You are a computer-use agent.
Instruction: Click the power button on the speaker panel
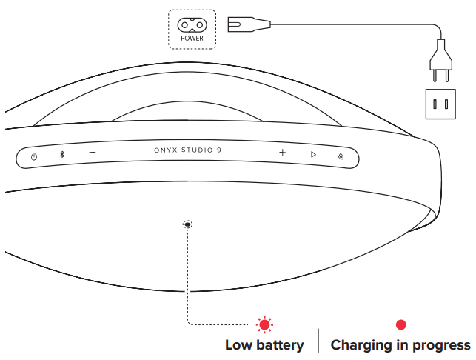[34, 156]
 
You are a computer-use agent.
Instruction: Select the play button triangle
[313, 154]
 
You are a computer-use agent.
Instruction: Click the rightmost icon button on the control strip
[340, 156]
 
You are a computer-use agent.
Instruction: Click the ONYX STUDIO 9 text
[187, 150]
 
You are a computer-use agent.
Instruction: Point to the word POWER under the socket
[192, 38]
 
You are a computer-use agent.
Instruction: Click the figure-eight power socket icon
[192, 24]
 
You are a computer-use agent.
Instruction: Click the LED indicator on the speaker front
[187, 224]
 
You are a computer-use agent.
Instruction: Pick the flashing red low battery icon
[264, 324]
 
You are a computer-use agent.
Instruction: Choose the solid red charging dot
[400, 324]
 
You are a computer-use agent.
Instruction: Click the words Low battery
[264, 345]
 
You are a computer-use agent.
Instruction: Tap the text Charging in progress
[400, 345]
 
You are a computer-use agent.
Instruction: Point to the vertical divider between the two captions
[318, 340]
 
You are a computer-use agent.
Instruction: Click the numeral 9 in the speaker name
[219, 150]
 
